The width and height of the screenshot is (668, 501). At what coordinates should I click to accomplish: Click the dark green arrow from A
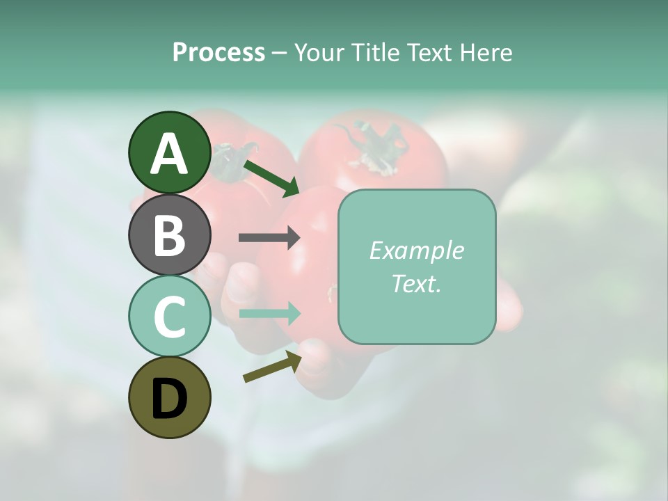[x=272, y=178]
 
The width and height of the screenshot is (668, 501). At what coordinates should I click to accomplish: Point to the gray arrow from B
[x=269, y=238]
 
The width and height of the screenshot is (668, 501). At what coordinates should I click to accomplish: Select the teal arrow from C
[x=269, y=313]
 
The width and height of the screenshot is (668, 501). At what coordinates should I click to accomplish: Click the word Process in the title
[x=218, y=53]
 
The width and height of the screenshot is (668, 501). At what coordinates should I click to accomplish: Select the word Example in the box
[x=416, y=250]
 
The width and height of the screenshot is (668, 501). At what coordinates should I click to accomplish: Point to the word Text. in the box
[x=416, y=283]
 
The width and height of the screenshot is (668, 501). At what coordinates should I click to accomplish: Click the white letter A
[x=169, y=154]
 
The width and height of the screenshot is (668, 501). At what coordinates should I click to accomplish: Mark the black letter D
[x=169, y=399]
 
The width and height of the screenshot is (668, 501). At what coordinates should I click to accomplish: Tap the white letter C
[x=169, y=317]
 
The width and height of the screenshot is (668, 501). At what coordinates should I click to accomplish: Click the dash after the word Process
[x=280, y=54]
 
